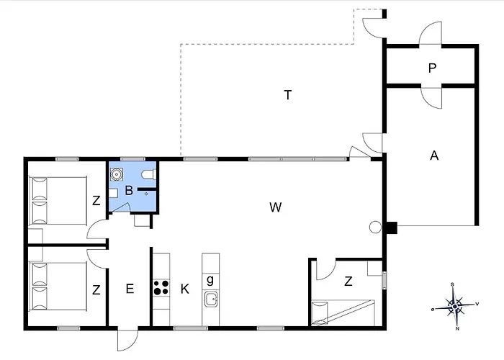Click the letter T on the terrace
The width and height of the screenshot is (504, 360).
[288, 95]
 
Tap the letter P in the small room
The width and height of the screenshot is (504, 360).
[432, 68]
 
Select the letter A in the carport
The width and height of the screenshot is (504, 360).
[434, 156]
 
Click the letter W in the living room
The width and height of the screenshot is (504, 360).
[276, 207]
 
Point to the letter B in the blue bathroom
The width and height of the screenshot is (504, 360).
[129, 190]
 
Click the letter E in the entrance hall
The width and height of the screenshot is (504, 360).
[130, 289]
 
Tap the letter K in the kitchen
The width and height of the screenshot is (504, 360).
[185, 289]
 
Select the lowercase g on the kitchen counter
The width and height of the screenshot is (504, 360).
[210, 280]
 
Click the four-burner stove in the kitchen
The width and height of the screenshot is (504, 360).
[161, 288]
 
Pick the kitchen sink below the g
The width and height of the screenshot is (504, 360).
[211, 300]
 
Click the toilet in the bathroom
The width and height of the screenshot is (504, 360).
[149, 174]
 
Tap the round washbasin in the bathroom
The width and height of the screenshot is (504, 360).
[117, 174]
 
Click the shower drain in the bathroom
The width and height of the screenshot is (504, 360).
[146, 194]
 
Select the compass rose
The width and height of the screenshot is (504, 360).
[455, 306]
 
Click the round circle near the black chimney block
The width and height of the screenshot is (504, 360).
[375, 228]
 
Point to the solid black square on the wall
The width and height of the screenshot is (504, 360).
[392, 228]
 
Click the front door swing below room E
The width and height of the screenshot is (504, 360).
[127, 340]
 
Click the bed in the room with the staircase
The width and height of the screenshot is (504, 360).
[343, 312]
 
